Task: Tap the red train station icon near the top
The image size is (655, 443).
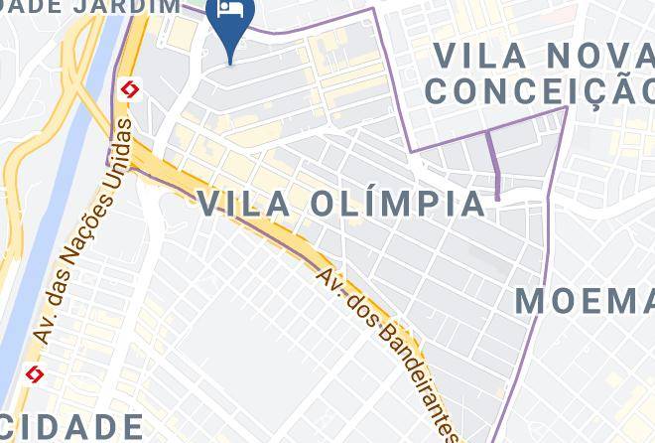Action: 128,90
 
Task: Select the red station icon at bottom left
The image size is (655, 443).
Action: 36,374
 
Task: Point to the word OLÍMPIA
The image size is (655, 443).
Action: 396,203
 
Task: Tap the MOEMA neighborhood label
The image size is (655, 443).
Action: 585,299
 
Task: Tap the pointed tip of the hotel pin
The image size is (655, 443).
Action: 231,63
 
